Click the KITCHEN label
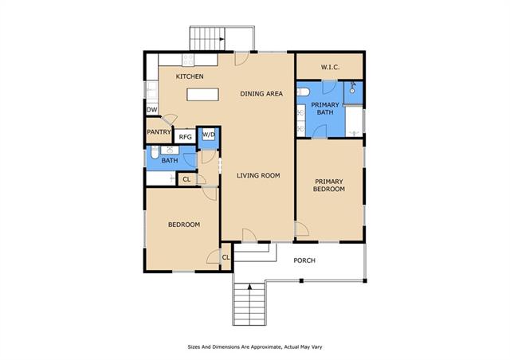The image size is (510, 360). [190, 76]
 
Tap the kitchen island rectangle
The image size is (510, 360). [202, 94]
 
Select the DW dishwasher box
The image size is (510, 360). [152, 110]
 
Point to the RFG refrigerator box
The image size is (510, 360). [185, 136]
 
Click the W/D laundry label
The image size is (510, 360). [209, 135]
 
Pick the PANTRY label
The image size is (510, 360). [159, 132]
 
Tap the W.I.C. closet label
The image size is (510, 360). [330, 68]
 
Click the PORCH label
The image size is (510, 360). [304, 260]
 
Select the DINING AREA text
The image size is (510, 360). [261, 94]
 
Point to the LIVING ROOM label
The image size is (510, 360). [258, 175]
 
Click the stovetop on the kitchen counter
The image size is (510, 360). [188, 60]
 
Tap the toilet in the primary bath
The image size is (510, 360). [303, 92]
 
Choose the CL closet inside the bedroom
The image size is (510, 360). [226, 257]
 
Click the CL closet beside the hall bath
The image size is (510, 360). [186, 179]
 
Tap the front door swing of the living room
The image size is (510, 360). [249, 235]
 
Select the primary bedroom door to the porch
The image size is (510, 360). [301, 229]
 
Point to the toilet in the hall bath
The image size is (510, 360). [155, 152]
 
